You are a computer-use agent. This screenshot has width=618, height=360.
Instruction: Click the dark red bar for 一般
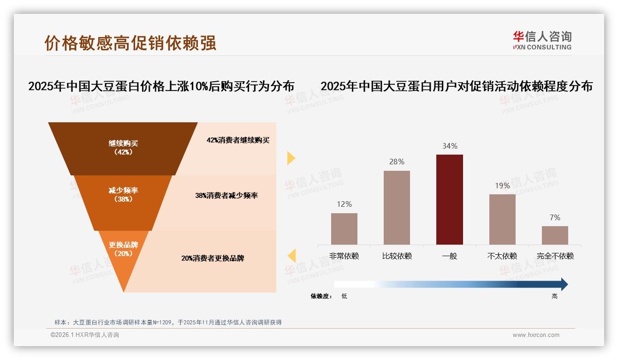[449, 199]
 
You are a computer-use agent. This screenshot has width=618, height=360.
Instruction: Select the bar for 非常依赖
[344, 228]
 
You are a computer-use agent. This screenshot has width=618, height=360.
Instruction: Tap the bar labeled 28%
[397, 207]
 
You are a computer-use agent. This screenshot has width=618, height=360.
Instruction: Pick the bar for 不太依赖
[502, 219]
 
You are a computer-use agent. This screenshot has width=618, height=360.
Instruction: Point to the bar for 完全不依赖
[555, 235]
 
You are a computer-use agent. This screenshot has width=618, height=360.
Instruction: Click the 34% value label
[450, 146]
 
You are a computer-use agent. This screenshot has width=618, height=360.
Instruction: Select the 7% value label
[555, 217]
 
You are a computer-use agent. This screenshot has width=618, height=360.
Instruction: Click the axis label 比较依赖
[397, 256]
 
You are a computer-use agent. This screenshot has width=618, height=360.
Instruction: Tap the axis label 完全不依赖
[555, 256]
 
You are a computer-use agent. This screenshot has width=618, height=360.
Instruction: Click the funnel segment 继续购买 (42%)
[123, 148]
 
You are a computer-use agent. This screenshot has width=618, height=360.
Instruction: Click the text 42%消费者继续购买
[238, 140]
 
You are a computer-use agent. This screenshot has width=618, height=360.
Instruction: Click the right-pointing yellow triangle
[291, 158]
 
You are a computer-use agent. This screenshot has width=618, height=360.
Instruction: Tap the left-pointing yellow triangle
[291, 255]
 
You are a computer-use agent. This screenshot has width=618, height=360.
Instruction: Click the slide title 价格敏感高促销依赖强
[130, 42]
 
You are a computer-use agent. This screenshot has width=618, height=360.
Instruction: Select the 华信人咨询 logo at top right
[542, 40]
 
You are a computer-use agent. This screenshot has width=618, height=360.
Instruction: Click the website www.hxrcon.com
[536, 335]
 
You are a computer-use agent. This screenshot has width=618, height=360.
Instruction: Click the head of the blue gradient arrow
[564, 284]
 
